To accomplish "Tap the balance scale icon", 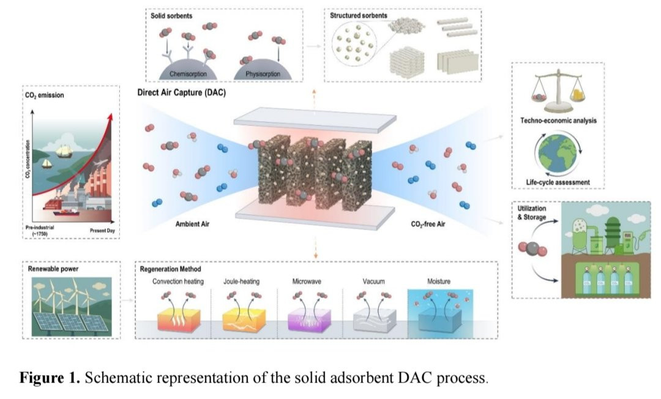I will pyautogui.click(x=557, y=92).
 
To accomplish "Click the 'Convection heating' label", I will pyautogui.click(x=178, y=282).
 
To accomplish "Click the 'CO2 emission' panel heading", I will pyautogui.click(x=47, y=95).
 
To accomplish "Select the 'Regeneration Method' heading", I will pyautogui.click(x=170, y=269).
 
